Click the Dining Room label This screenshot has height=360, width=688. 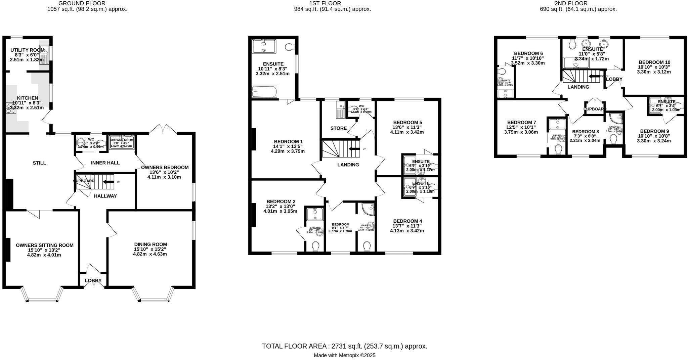click(x=150, y=244)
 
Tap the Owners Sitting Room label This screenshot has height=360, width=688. click(x=45, y=245)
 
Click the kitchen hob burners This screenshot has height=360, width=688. click(x=9, y=107)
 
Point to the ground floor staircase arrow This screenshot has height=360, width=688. click(x=108, y=182)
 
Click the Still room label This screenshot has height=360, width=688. click(x=39, y=163)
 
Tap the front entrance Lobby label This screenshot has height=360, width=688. click(x=93, y=281)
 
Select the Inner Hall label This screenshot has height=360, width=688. click(x=105, y=163)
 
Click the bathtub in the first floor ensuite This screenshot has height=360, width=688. click(x=264, y=91)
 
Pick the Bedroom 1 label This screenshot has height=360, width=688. click(x=288, y=141)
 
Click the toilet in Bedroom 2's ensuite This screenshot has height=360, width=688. click(x=315, y=246)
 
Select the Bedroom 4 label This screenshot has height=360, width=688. click(x=407, y=221)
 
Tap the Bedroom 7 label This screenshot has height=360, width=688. click(x=521, y=122)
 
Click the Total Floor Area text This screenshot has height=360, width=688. click(x=345, y=346)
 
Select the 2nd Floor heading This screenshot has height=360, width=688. click(x=576, y=3)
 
